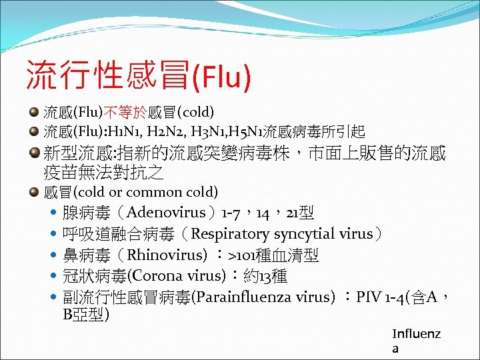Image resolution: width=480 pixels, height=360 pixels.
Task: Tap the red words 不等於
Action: click(125, 111)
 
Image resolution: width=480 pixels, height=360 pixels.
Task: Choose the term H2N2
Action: click(159, 131)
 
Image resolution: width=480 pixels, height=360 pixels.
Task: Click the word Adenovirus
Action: click(165, 213)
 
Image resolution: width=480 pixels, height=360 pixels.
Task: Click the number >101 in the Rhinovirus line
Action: click(243, 255)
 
